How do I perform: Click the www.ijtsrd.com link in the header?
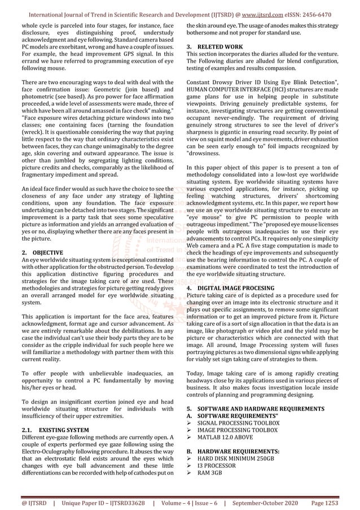[264, 14]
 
